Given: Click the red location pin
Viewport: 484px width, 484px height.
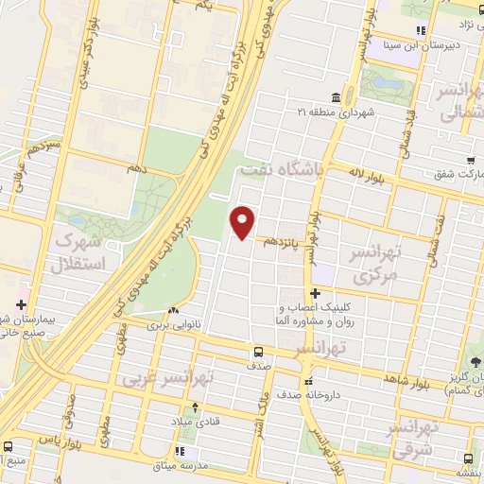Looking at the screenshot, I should [x=243, y=222].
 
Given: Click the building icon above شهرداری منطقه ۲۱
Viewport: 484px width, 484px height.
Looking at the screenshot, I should [x=337, y=97].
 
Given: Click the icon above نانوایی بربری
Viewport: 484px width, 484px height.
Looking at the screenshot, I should [x=171, y=310].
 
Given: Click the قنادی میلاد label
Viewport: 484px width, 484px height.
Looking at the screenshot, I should [x=196, y=422].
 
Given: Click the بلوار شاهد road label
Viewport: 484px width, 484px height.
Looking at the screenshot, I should [x=394, y=380].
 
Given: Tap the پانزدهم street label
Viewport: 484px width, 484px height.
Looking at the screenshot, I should [x=281, y=241].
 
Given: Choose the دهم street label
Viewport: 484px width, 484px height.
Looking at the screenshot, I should [x=138, y=167].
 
